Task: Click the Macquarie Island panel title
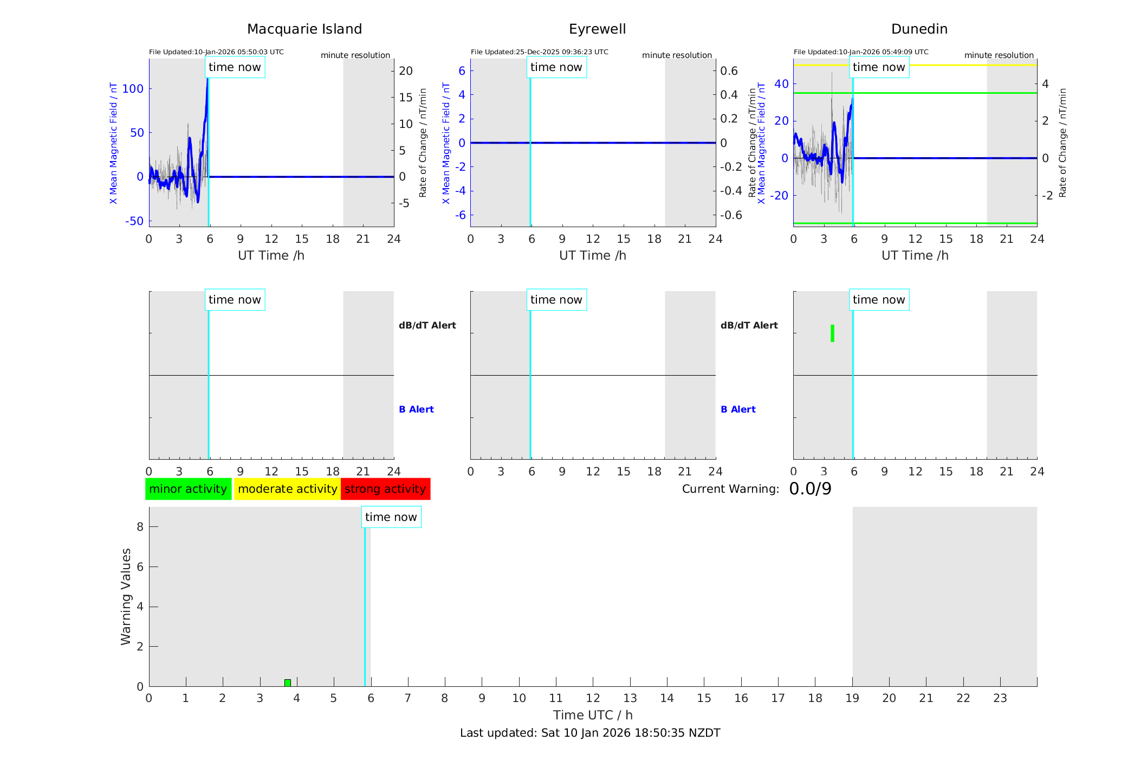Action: point(304,29)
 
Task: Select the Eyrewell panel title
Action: point(597,29)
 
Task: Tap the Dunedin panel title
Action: point(919,29)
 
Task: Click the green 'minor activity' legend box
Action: point(188,489)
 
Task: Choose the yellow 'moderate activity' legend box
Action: point(287,489)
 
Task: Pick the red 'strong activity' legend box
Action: point(385,489)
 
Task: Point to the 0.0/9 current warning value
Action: point(810,489)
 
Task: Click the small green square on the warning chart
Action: point(288,683)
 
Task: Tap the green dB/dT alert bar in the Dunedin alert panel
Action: point(832,333)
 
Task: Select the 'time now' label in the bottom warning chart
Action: point(391,517)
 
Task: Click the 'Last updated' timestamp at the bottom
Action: point(590,733)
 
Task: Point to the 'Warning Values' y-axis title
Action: point(126,596)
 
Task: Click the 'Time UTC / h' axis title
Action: point(593,715)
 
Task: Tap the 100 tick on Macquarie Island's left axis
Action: point(133,89)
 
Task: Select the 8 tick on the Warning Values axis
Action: point(140,527)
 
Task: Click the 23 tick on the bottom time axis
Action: point(1000,698)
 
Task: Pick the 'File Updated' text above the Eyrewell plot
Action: point(539,52)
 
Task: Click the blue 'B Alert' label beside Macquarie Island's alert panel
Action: point(416,409)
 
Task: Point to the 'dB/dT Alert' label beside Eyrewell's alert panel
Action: point(749,325)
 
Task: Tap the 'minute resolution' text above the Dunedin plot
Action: point(999,55)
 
